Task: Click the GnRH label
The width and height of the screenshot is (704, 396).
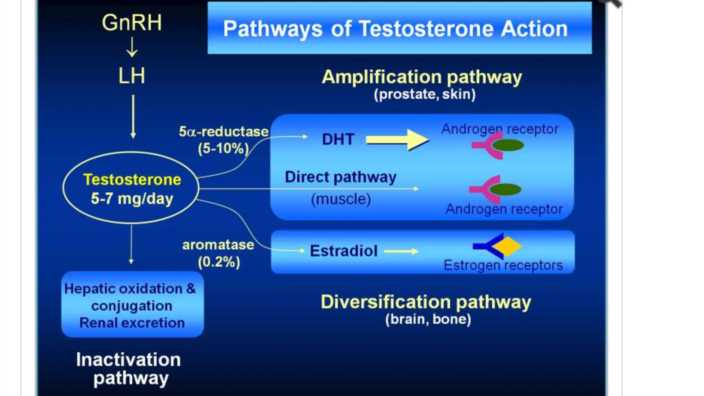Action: click(x=132, y=23)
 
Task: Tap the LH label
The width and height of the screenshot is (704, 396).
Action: click(x=132, y=76)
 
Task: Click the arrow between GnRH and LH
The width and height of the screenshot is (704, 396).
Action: click(x=132, y=48)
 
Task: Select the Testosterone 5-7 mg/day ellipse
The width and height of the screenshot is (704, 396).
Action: click(x=131, y=188)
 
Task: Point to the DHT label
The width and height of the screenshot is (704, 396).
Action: click(x=338, y=139)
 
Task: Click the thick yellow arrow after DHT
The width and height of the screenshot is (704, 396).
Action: click(x=397, y=140)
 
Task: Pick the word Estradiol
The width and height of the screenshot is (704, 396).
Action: click(x=344, y=251)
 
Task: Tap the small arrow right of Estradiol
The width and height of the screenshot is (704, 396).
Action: click(x=401, y=251)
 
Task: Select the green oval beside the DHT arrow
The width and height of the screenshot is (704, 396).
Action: click(x=508, y=146)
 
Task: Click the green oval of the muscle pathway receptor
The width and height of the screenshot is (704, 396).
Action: click(x=505, y=190)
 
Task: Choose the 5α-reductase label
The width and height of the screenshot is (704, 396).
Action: click(x=224, y=132)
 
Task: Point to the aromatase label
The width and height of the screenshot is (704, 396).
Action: click(x=218, y=245)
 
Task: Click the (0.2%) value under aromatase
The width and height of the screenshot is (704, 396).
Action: click(x=219, y=262)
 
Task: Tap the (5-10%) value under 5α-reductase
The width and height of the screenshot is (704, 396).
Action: click(x=223, y=148)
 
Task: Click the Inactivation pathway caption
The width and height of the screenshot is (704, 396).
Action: click(x=129, y=369)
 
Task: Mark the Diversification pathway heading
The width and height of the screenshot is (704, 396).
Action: click(x=426, y=302)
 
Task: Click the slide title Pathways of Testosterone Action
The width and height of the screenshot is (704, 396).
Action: click(x=395, y=29)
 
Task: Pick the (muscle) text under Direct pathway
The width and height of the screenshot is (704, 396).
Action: click(x=341, y=199)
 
